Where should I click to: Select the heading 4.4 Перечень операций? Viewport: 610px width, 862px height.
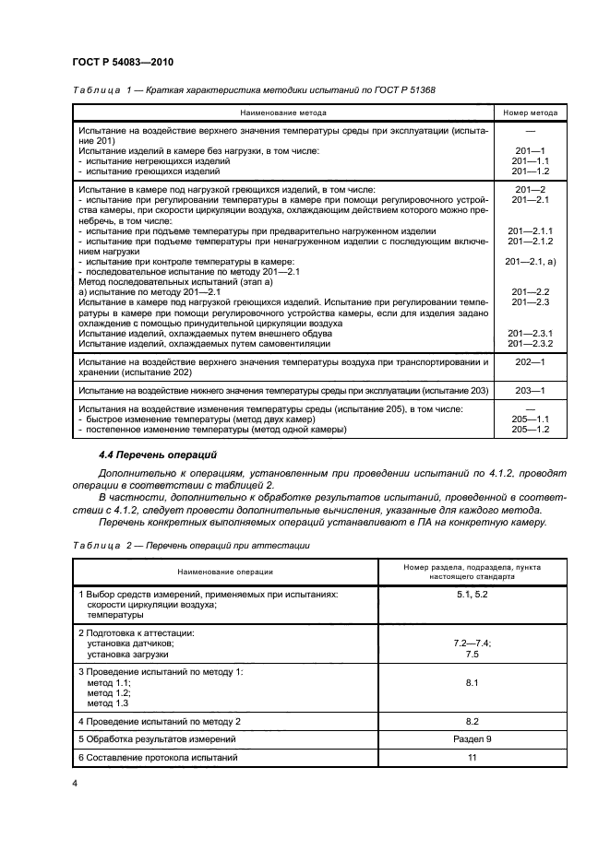pos(157,455)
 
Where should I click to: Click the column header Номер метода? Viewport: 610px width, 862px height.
pos(530,112)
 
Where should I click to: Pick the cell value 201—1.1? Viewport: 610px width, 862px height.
pos(530,160)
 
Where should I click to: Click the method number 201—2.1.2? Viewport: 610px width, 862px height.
pos(530,241)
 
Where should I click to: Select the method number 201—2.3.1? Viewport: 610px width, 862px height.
pos(530,333)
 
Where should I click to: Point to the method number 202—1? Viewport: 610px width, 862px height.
pos(530,363)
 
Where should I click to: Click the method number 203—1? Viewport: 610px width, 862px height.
pos(530,392)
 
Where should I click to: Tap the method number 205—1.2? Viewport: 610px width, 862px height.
pos(530,430)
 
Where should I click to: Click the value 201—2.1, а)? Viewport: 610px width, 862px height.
pos(530,262)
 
